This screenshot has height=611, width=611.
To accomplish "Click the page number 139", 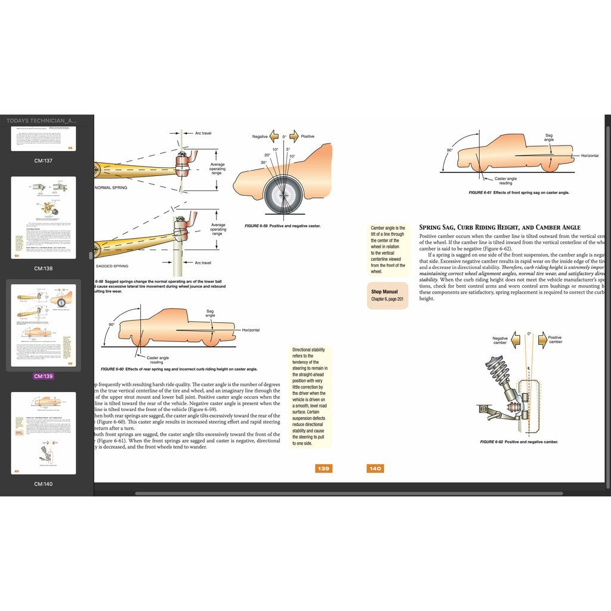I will point(323,468).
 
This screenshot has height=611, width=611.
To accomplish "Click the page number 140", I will point(375,468).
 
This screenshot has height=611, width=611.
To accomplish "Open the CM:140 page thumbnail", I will point(43,433).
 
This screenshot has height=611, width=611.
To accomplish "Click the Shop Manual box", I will point(387,295).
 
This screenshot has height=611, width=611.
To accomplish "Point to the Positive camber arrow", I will point(543,340).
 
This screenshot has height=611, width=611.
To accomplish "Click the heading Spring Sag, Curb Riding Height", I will point(499,227).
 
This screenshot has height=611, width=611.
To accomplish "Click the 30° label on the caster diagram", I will point(263,162).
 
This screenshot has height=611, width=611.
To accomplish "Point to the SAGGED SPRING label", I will point(113,266).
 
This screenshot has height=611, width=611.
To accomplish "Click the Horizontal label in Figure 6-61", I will point(590,156).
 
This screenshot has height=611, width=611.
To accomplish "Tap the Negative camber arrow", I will point(513,340).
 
